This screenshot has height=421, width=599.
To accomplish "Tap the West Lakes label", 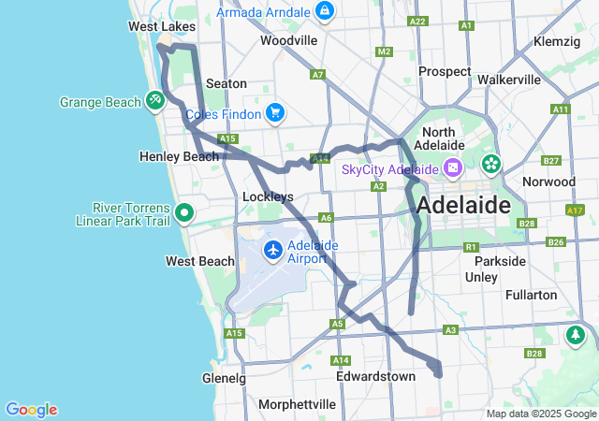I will (161, 27).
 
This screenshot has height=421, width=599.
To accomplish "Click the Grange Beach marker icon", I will (154, 100).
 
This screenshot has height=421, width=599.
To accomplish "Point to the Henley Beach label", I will (179, 156).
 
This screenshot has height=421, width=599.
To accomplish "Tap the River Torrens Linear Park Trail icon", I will (185, 213).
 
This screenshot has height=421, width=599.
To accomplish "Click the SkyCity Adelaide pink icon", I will (453, 168).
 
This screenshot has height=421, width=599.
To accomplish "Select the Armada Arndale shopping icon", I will (324, 11).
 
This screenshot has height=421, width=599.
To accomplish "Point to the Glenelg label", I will (224, 378).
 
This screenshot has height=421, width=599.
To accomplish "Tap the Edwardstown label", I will (375, 376).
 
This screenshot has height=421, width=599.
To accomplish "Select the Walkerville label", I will (509, 80).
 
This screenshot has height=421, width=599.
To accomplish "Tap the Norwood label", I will (550, 181).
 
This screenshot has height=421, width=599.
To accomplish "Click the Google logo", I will (31, 410).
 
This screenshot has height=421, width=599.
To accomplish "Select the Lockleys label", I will (269, 196).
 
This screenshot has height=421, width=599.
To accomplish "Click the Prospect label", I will (445, 71).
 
